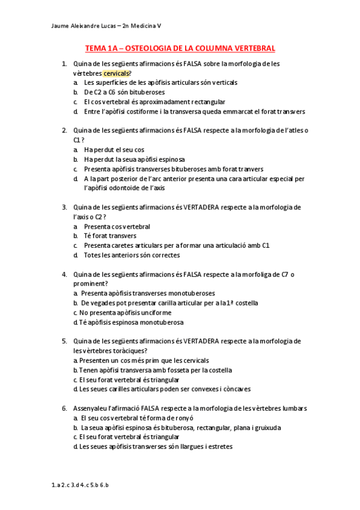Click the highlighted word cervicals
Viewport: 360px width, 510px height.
[x=116, y=73]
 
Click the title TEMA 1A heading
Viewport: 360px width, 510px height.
[x=180, y=48]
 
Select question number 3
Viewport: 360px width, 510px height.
[x=64, y=207]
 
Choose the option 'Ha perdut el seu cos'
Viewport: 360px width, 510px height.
[x=114, y=149]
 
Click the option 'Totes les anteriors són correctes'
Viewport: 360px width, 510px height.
[x=132, y=255]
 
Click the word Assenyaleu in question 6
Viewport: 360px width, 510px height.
[x=90, y=408]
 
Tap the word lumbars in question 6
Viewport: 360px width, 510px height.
[x=294, y=408]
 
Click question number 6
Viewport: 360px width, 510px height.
[x=64, y=408]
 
